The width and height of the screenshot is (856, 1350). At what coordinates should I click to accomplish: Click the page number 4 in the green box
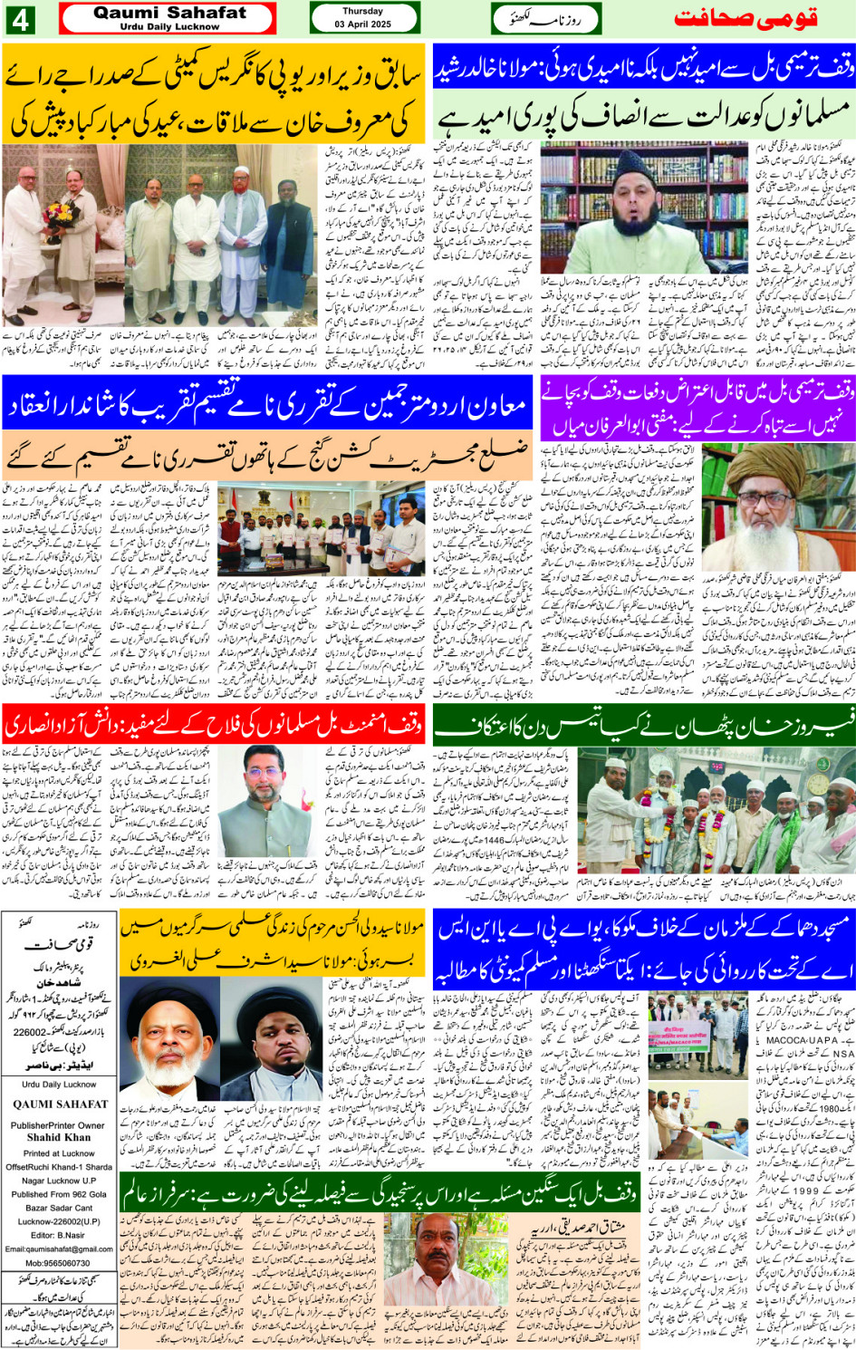[x=19, y=18]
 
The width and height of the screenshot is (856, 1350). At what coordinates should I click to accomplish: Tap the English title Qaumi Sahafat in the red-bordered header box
[x=169, y=13]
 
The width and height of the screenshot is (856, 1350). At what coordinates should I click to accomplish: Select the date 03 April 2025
[x=362, y=24]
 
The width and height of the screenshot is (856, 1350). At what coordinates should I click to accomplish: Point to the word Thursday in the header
[x=362, y=12]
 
